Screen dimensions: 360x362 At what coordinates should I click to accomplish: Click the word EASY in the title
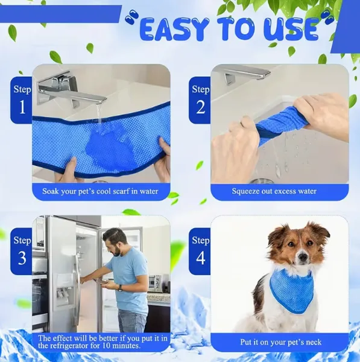[x=172, y=30]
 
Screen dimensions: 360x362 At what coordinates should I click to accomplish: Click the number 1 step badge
[x=22, y=100]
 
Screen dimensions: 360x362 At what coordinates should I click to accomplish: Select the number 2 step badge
[x=200, y=100]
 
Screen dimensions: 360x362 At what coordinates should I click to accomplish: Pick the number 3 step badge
[x=22, y=251]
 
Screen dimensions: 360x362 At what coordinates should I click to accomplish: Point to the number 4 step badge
[x=200, y=251]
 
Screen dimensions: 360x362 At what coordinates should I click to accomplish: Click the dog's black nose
[x=303, y=256]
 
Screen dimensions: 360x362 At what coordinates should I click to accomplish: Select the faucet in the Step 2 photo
[x=245, y=74]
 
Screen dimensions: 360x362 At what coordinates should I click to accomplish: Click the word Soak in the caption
[x=51, y=191]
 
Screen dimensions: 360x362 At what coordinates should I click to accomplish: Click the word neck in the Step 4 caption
[x=313, y=342]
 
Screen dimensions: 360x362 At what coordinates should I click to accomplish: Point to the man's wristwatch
[x=120, y=287]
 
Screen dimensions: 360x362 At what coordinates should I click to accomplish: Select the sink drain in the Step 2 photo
[x=261, y=180]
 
